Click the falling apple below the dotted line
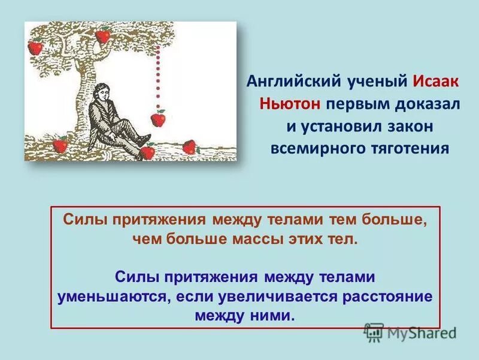(159, 119)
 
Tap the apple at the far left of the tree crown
(35, 47)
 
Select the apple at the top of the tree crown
(103, 36)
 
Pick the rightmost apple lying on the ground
(190, 146)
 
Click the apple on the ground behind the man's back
(60, 145)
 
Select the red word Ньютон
(290, 103)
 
